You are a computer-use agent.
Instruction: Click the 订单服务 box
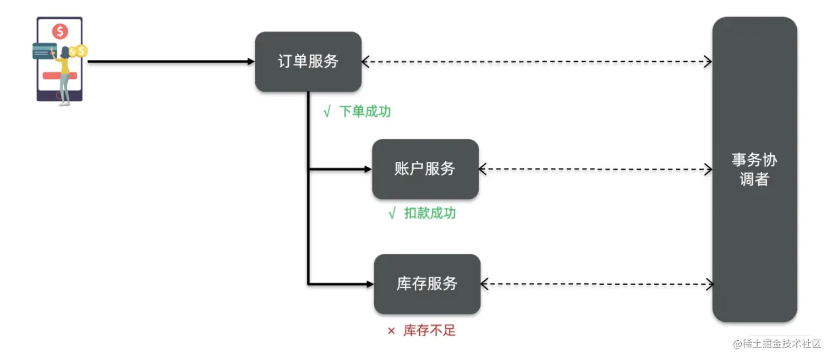pyautogui.click(x=308, y=62)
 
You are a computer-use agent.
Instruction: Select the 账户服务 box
pyautogui.click(x=425, y=169)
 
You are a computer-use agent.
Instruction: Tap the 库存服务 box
pyautogui.click(x=427, y=284)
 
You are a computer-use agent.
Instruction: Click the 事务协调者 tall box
pyautogui.click(x=754, y=170)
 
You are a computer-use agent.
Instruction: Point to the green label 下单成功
pyautogui.click(x=365, y=112)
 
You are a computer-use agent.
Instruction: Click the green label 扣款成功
pyautogui.click(x=430, y=214)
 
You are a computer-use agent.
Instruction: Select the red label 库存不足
pyautogui.click(x=429, y=331)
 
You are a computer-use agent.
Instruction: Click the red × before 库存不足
pyautogui.click(x=391, y=331)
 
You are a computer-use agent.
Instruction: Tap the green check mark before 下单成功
pyautogui.click(x=327, y=112)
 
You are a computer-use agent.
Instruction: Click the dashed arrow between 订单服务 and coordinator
pyautogui.click(x=537, y=62)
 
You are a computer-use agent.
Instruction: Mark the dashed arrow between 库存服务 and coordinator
pyautogui.click(x=596, y=284)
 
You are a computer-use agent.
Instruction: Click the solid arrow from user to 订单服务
pyautogui.click(x=171, y=62)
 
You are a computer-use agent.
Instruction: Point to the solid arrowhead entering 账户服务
pyautogui.click(x=368, y=169)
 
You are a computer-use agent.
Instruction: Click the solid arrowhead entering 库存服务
pyautogui.click(x=369, y=284)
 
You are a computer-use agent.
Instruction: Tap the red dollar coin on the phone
pyautogui.click(x=60, y=31)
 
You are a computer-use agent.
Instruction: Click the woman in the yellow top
pyautogui.click(x=65, y=74)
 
